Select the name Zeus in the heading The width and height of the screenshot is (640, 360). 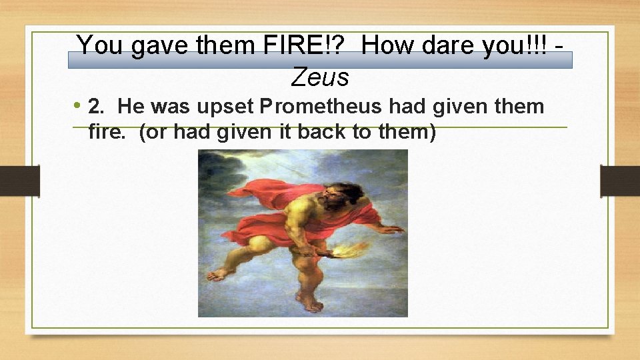pyautogui.click(x=320, y=78)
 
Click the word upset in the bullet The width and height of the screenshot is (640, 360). pyautogui.click(x=229, y=107)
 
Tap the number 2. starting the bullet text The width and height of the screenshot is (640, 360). pyautogui.click(x=97, y=107)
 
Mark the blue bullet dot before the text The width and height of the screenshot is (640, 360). pyautogui.click(x=79, y=105)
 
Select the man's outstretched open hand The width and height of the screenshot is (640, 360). pyautogui.click(x=390, y=229)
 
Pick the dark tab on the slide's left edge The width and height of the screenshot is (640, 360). pyautogui.click(x=20, y=181)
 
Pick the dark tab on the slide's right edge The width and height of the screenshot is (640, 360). pyautogui.click(x=620, y=181)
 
